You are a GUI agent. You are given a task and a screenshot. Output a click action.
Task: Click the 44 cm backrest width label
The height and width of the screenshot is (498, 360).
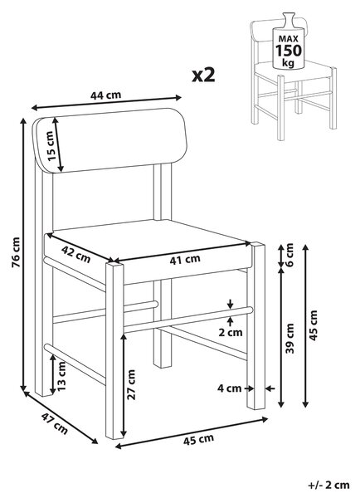[x=105, y=95]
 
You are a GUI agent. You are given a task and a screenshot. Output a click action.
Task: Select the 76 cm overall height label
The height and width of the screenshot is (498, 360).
[x=16, y=251]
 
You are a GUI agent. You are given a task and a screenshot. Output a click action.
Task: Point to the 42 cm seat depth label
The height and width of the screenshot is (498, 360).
[x=75, y=255]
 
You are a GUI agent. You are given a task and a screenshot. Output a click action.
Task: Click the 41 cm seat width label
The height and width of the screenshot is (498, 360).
[x=185, y=260]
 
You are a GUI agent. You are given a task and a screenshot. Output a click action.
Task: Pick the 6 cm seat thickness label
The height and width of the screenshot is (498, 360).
[x=289, y=255]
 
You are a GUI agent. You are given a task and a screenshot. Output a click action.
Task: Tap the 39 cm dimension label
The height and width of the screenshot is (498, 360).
[x=289, y=339]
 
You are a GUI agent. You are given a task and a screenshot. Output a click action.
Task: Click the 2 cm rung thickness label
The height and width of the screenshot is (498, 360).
[x=230, y=332]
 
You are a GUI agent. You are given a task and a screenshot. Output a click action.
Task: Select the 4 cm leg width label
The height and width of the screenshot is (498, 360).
[x=229, y=388]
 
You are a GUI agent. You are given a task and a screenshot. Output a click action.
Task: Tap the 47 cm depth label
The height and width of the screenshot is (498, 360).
[x=55, y=423]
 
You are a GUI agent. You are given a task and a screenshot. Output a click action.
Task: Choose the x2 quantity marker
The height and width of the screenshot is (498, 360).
[x=203, y=76]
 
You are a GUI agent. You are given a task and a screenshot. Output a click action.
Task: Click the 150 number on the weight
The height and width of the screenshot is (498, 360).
[x=289, y=51]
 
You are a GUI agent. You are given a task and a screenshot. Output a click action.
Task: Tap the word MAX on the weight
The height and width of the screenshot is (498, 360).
[x=289, y=39]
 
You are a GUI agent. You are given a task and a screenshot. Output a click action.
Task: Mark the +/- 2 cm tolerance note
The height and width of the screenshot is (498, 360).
[x=328, y=485]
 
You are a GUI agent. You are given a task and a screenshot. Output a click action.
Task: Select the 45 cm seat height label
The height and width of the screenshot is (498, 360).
[x=313, y=325]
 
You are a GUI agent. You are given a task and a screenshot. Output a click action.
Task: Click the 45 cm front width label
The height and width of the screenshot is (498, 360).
[x=198, y=440]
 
